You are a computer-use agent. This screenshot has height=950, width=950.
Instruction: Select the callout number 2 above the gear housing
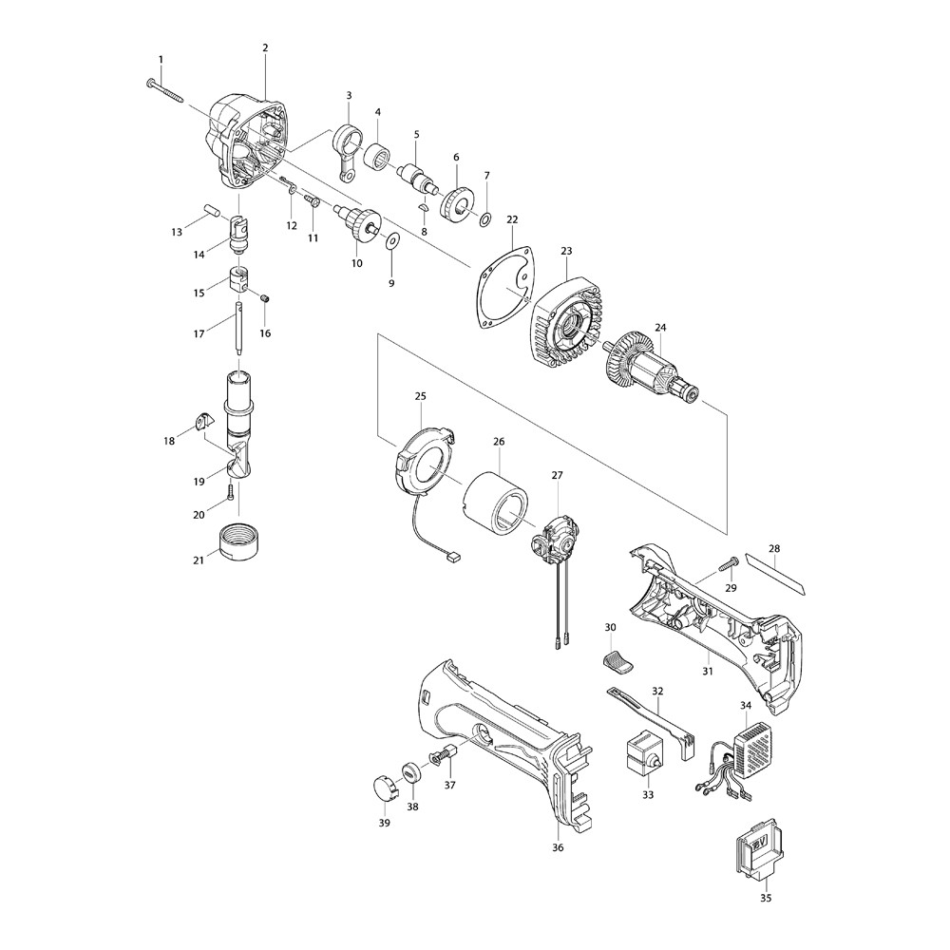pyautogui.click(x=265, y=47)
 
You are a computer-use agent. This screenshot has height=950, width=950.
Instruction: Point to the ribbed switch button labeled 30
pyautogui.click(x=618, y=660)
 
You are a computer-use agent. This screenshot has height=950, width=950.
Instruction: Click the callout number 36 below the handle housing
pyautogui.click(x=558, y=847)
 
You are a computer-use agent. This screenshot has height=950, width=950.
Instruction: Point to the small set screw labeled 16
pyautogui.click(x=264, y=297)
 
